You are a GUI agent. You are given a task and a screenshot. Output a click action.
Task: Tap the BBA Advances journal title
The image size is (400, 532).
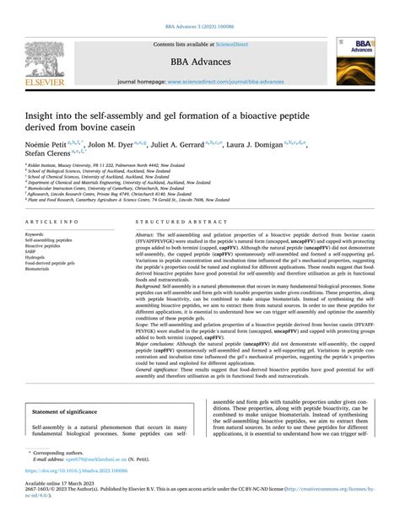199,61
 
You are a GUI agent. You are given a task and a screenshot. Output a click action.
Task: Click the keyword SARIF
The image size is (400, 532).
34,251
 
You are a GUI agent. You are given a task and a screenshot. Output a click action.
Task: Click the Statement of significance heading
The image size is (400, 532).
73,413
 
